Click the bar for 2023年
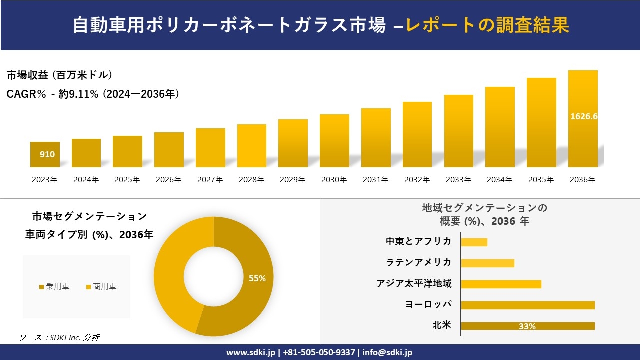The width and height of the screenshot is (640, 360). (x=45, y=155)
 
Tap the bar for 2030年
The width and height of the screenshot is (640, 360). (x=334, y=141)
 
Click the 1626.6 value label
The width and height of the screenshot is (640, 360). (x=584, y=116)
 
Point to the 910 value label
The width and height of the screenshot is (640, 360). (x=47, y=154)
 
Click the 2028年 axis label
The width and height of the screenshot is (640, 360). (x=251, y=180)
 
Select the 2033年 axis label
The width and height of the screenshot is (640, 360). (x=458, y=180)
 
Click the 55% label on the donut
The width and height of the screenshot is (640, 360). (x=257, y=278)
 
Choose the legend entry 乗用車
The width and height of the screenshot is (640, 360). (x=54, y=287)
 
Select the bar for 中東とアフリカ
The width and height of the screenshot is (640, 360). (x=474, y=242)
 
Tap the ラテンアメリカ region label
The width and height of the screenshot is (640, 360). (x=419, y=262)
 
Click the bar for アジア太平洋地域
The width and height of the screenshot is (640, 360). (x=501, y=284)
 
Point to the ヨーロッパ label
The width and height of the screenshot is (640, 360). (x=429, y=304)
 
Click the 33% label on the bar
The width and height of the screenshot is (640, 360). (x=527, y=326)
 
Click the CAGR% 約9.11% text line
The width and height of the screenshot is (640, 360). (x=93, y=94)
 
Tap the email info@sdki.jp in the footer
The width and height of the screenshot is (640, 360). (x=388, y=352)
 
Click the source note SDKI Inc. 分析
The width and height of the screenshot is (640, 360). (x=60, y=338)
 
